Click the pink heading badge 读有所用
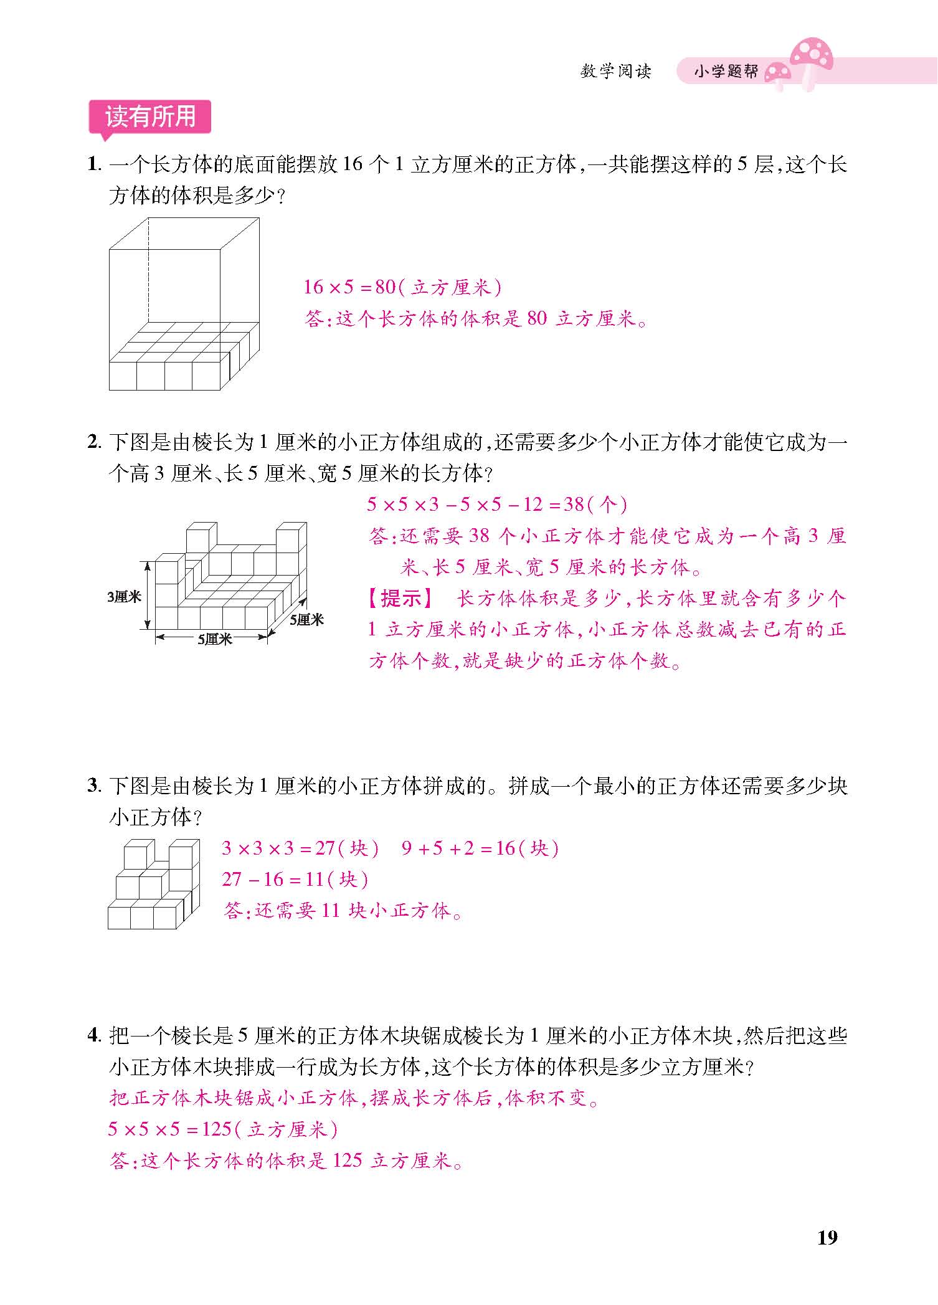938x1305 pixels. point(150,117)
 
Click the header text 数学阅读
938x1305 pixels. point(615,72)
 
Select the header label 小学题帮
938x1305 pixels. point(726,72)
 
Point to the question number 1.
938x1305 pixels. point(93,165)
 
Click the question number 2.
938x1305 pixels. point(93,443)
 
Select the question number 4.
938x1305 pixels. point(93,1036)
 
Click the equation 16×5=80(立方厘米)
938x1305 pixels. point(402,287)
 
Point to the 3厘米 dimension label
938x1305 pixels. point(124,597)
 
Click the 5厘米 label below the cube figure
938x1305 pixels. point(214,639)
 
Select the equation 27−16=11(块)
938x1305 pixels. point(295,879)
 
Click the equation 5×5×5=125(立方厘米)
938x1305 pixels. point(223,1129)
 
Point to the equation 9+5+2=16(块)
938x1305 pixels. point(480,848)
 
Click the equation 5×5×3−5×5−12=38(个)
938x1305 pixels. point(496,504)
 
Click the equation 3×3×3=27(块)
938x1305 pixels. point(300,848)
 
